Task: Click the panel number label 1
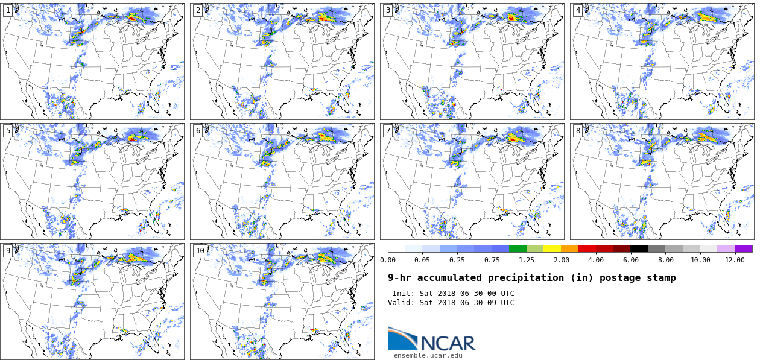coord(8,10)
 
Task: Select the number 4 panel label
coord(578,10)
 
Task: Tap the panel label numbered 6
coord(198,131)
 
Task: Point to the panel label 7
coord(388,131)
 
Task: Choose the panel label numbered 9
coord(8,251)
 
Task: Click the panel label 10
coord(200,251)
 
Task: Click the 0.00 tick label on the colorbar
coord(388,260)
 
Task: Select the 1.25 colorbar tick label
coord(527,260)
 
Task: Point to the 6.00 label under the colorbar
coord(631,260)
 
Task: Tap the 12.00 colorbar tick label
coord(735,260)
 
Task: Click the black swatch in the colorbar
coord(639,248)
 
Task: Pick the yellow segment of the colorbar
coord(553,248)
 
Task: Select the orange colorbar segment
coord(570,248)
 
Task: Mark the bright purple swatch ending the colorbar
coord(744,248)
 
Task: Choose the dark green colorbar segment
coord(518,248)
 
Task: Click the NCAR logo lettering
coord(448,343)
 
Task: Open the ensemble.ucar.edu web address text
coord(428,356)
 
